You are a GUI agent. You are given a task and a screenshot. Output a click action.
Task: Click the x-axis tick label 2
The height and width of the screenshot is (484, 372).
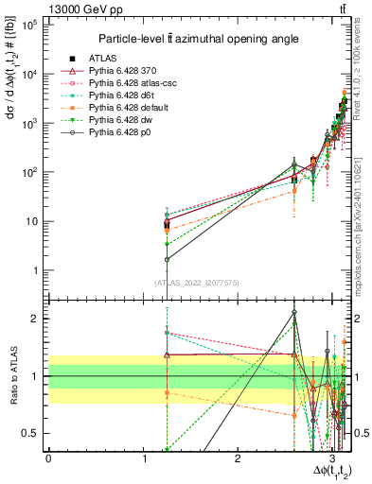point(238,458)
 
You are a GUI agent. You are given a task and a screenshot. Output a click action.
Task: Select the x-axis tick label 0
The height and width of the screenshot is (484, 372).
point(48,458)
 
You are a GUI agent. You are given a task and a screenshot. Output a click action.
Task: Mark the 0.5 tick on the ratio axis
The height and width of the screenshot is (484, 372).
point(33,433)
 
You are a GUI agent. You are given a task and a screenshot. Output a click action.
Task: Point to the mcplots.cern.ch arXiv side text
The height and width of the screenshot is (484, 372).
point(363,214)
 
